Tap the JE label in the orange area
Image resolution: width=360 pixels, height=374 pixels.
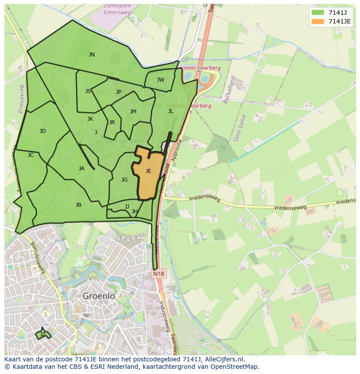[148, 171]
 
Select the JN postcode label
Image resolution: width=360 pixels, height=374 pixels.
[91, 55]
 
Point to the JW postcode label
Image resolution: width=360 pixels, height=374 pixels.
[160, 80]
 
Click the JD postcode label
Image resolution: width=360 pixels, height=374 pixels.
[42, 131]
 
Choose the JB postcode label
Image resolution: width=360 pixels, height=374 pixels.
[78, 205]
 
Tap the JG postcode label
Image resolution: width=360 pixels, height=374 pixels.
[124, 180]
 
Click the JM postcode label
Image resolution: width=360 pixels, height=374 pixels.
[133, 112]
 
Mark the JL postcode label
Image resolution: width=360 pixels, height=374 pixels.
[170, 111]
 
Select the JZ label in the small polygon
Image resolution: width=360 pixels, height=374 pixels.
[43, 334]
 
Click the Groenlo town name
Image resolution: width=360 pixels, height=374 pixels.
[99, 296]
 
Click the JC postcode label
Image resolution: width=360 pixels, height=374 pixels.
[30, 155]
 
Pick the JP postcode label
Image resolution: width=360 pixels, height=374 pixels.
[119, 92]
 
